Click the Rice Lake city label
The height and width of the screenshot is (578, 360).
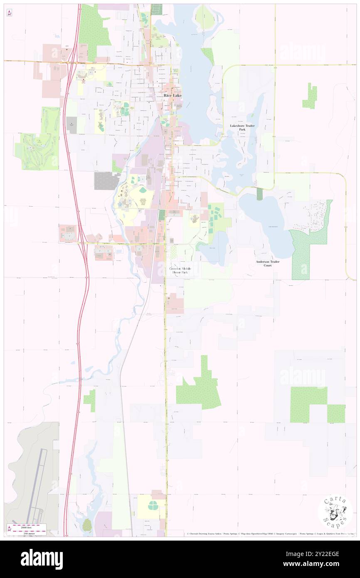tap(173, 95)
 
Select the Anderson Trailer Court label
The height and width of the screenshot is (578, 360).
tap(268, 263)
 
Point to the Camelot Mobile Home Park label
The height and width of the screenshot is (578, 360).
tap(180, 270)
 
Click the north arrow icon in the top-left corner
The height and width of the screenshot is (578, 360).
tap(9, 13)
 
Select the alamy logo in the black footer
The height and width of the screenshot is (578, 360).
tap(42, 558)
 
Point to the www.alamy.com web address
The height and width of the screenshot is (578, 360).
tap(323, 564)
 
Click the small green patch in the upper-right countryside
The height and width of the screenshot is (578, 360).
tap(310, 96)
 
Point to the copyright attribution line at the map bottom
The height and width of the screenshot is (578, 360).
tap(270, 534)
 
